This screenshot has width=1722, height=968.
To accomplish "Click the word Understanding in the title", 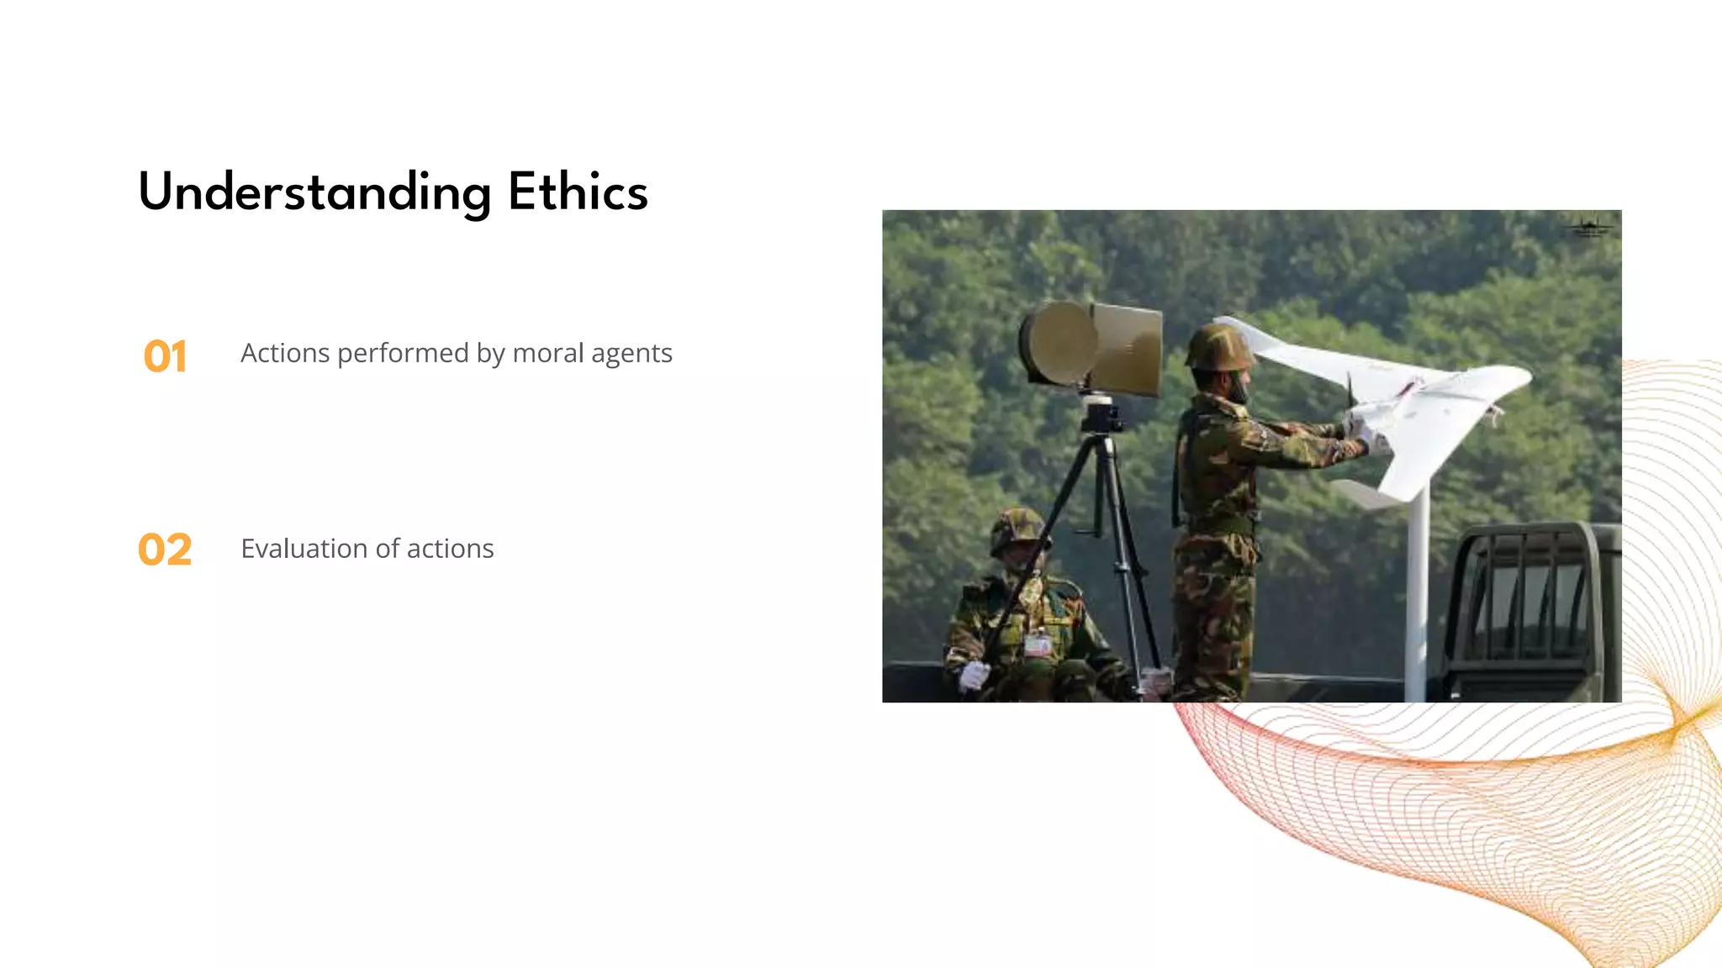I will point(314,193).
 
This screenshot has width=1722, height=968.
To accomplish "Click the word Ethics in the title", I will point(578,192).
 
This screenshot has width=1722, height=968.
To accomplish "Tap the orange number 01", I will point(165,356).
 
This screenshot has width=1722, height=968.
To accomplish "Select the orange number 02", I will point(165,550).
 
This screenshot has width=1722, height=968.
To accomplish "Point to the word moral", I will point(547,353).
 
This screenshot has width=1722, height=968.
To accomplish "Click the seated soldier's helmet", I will point(1018,529).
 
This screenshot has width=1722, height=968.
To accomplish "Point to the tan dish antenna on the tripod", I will point(1091,346).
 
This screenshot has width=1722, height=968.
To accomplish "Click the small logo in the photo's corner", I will point(1588,227).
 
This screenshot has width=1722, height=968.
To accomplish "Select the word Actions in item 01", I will point(285,353).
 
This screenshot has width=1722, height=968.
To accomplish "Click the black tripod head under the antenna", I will point(1100,413).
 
